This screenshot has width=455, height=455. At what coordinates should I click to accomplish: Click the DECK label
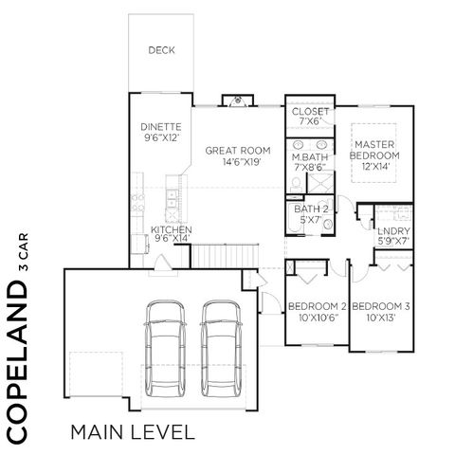(159, 51)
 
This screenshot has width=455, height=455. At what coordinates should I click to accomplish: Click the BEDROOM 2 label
(317, 306)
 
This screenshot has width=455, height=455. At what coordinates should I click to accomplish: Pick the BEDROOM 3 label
(384, 306)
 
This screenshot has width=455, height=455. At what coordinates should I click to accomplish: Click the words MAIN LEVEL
(132, 433)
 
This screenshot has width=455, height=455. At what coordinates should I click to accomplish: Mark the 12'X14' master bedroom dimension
(375, 166)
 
